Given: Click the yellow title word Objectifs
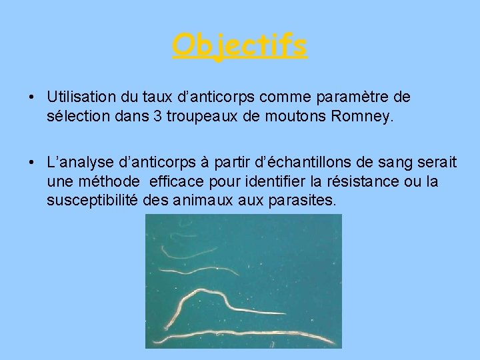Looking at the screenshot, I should click(239, 46).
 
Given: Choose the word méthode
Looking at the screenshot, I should click(107, 181).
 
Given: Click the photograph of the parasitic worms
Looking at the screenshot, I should click(243, 281).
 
